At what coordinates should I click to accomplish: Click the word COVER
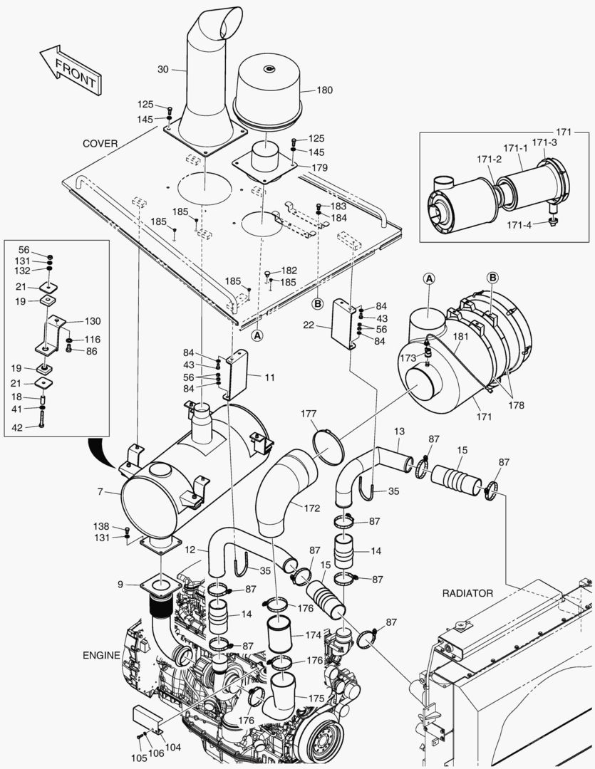tap(100, 143)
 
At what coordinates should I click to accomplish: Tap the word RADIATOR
tap(467, 592)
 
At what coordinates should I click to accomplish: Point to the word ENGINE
tap(101, 654)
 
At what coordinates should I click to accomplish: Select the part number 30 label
tap(162, 69)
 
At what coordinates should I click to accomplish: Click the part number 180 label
tap(324, 90)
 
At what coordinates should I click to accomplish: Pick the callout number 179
tap(320, 168)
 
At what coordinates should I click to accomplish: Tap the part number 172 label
tap(311, 509)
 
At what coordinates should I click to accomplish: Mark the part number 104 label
tap(172, 748)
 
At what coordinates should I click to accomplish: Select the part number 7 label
tap(100, 492)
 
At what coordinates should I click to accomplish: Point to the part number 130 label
tap(93, 321)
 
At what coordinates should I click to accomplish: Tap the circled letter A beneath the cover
tap(257, 333)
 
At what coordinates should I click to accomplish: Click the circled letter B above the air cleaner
tap(492, 277)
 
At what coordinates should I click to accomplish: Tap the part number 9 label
tap(120, 584)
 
